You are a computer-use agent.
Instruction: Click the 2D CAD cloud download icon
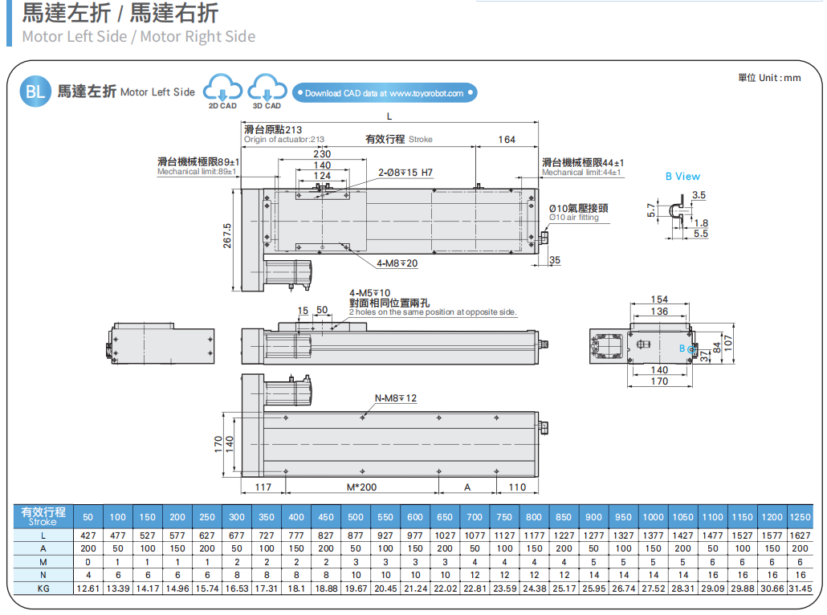(222, 88)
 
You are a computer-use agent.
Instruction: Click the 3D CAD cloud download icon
(267, 88)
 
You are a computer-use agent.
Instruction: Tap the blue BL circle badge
(35, 92)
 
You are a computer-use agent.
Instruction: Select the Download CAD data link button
(384, 93)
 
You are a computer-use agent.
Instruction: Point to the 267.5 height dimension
(227, 236)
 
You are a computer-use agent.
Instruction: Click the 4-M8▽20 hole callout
(397, 263)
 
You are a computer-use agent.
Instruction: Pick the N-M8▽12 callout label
(396, 398)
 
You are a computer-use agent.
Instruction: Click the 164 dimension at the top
(507, 140)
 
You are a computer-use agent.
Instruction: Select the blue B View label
(682, 177)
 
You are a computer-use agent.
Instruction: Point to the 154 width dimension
(659, 299)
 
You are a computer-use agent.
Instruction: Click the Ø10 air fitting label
(578, 213)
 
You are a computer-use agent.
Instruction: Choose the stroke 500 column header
(356, 517)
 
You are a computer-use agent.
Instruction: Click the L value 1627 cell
(800, 536)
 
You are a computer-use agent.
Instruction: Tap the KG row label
(43, 589)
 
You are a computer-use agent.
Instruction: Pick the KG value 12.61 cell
(88, 589)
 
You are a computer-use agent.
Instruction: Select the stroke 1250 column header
(800, 517)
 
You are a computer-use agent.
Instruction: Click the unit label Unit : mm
(769, 78)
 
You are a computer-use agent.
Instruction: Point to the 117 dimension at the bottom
(263, 487)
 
